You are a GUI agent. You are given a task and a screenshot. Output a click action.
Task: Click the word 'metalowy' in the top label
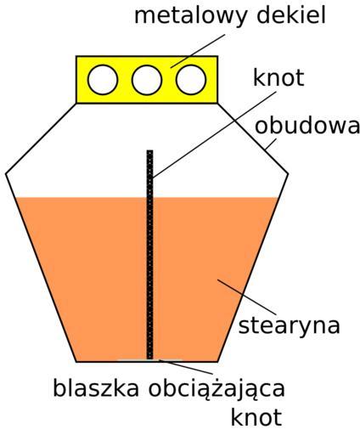pyautogui.click(x=190, y=16)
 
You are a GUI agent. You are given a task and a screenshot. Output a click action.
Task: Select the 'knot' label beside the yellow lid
pyautogui.click(x=278, y=77)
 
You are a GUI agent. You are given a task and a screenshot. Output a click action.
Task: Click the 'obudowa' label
pyautogui.click(x=307, y=126)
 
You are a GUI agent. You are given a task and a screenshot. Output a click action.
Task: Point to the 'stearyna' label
pyautogui.click(x=289, y=325)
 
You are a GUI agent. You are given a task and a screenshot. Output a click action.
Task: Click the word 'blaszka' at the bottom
pyautogui.click(x=96, y=388)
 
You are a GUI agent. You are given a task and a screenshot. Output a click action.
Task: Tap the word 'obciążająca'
pyautogui.click(x=217, y=390)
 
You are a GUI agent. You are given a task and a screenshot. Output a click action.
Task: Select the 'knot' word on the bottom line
pyautogui.click(x=256, y=417)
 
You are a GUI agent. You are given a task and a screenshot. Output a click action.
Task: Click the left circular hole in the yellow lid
pyautogui.click(x=103, y=80)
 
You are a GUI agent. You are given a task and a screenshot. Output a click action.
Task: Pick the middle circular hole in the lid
pyautogui.click(x=147, y=80)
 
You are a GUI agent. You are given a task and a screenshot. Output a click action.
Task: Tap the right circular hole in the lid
pyautogui.click(x=191, y=80)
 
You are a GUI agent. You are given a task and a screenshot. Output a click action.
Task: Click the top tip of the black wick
pyautogui.click(x=149, y=150)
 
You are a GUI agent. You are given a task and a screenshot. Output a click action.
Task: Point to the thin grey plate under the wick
pyautogui.click(x=149, y=360)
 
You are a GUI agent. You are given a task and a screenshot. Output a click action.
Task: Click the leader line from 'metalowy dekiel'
pyautogui.click(x=198, y=51)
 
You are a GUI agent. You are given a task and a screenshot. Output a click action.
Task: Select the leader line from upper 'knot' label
pyautogui.click(x=214, y=135)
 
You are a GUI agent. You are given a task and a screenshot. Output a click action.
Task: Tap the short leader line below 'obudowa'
pyautogui.click(x=272, y=144)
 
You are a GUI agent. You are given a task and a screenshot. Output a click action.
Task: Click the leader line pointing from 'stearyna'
pyautogui.click(x=247, y=297)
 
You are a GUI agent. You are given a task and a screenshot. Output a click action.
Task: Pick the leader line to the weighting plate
pyautogui.click(x=186, y=367)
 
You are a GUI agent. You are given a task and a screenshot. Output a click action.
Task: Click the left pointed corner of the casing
pyautogui.click(x=6, y=173)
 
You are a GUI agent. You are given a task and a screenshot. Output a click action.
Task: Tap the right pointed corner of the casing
pyautogui.click(x=288, y=173)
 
